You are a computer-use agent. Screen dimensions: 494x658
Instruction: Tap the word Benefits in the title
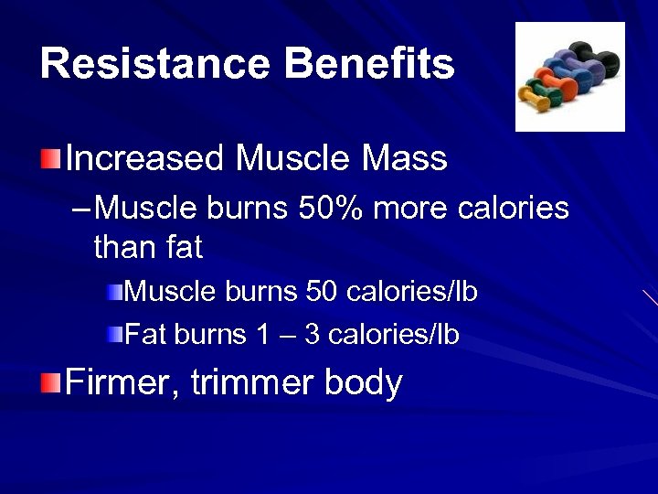tap(369, 64)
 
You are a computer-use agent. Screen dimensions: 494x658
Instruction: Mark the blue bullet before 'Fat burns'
tap(113, 335)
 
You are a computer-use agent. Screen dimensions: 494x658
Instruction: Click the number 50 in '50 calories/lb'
tap(322, 292)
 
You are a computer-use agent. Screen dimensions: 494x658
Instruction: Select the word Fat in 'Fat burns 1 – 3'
tap(144, 335)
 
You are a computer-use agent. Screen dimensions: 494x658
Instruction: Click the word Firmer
tap(123, 382)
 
